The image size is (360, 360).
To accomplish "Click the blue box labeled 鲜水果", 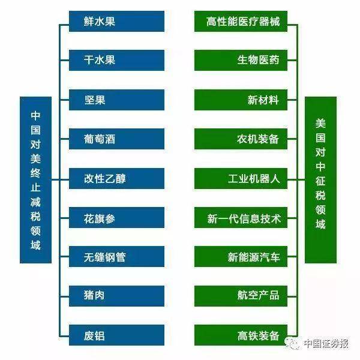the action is [x=116, y=21].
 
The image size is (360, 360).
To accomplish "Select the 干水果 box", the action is [x=116, y=60].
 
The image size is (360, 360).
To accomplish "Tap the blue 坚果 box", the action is [x=116, y=100].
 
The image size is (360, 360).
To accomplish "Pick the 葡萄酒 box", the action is [x=116, y=139].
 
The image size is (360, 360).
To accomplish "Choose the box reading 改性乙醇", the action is [x=116, y=178].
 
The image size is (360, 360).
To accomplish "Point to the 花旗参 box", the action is [x=116, y=217].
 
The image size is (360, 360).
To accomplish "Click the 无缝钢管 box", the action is [x=116, y=256].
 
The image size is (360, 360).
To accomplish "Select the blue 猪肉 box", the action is [x=116, y=296].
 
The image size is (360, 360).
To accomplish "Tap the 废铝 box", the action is [x=116, y=335].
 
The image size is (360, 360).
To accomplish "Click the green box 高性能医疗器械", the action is [x=241, y=21].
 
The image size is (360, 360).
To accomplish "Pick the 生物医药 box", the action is [x=241, y=60].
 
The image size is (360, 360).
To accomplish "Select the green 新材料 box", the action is [x=241, y=100].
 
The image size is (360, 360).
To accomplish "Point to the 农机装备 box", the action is [x=241, y=139].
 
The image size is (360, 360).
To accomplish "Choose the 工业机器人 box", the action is [x=241, y=178].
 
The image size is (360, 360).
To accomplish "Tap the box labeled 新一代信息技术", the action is [x=241, y=217].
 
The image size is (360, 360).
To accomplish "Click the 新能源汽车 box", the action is [x=241, y=256].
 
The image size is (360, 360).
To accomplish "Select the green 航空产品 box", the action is [x=241, y=296].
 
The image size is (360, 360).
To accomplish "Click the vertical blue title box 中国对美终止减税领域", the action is [x=35, y=180].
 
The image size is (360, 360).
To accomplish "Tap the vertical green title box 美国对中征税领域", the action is [x=321, y=180].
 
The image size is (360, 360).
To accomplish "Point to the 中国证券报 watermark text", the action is [x=326, y=343].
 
